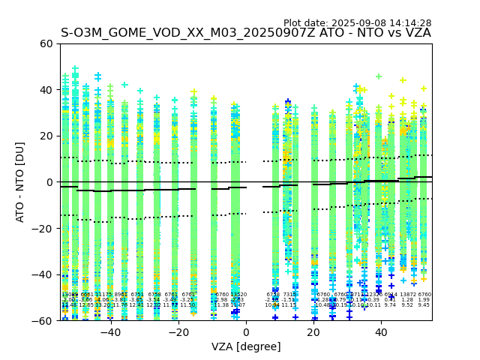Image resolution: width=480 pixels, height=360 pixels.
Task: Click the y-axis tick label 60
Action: (x=46, y=43)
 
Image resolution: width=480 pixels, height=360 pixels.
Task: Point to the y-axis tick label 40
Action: (x=46, y=90)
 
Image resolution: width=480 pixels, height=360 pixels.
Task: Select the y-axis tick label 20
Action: (x=46, y=136)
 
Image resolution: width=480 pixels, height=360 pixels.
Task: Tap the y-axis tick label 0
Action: (x=49, y=182)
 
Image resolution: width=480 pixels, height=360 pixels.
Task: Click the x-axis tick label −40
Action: (x=110, y=332)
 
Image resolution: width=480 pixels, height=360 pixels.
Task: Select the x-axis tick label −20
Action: (x=178, y=332)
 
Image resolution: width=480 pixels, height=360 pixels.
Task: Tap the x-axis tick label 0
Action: (x=246, y=332)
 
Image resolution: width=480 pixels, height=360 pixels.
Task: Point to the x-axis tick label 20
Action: (x=314, y=332)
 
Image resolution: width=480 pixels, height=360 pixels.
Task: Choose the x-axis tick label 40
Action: (x=382, y=332)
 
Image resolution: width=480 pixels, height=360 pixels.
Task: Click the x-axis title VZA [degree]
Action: (x=246, y=346)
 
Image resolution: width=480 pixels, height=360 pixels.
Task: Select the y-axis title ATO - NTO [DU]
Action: (x=20, y=182)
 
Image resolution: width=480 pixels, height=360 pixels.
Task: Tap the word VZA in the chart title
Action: (x=416, y=33)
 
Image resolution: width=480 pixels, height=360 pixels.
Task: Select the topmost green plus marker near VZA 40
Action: (x=379, y=76)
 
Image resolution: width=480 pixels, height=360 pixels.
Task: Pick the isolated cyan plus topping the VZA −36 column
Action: (x=124, y=85)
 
